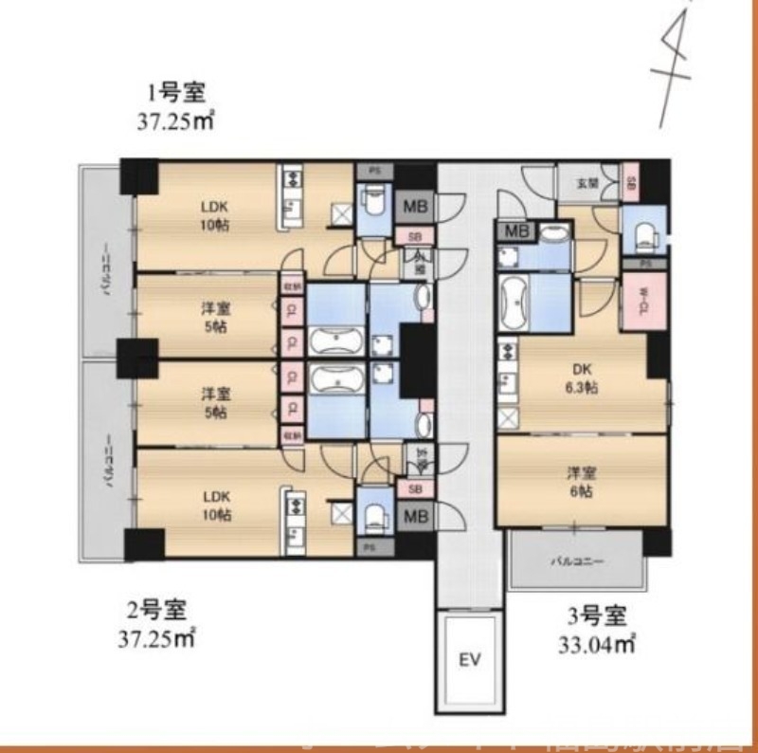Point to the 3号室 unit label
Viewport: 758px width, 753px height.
click(x=596, y=616)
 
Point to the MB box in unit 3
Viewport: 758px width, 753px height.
click(x=516, y=231)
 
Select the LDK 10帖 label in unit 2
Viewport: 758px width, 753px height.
click(x=214, y=506)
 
